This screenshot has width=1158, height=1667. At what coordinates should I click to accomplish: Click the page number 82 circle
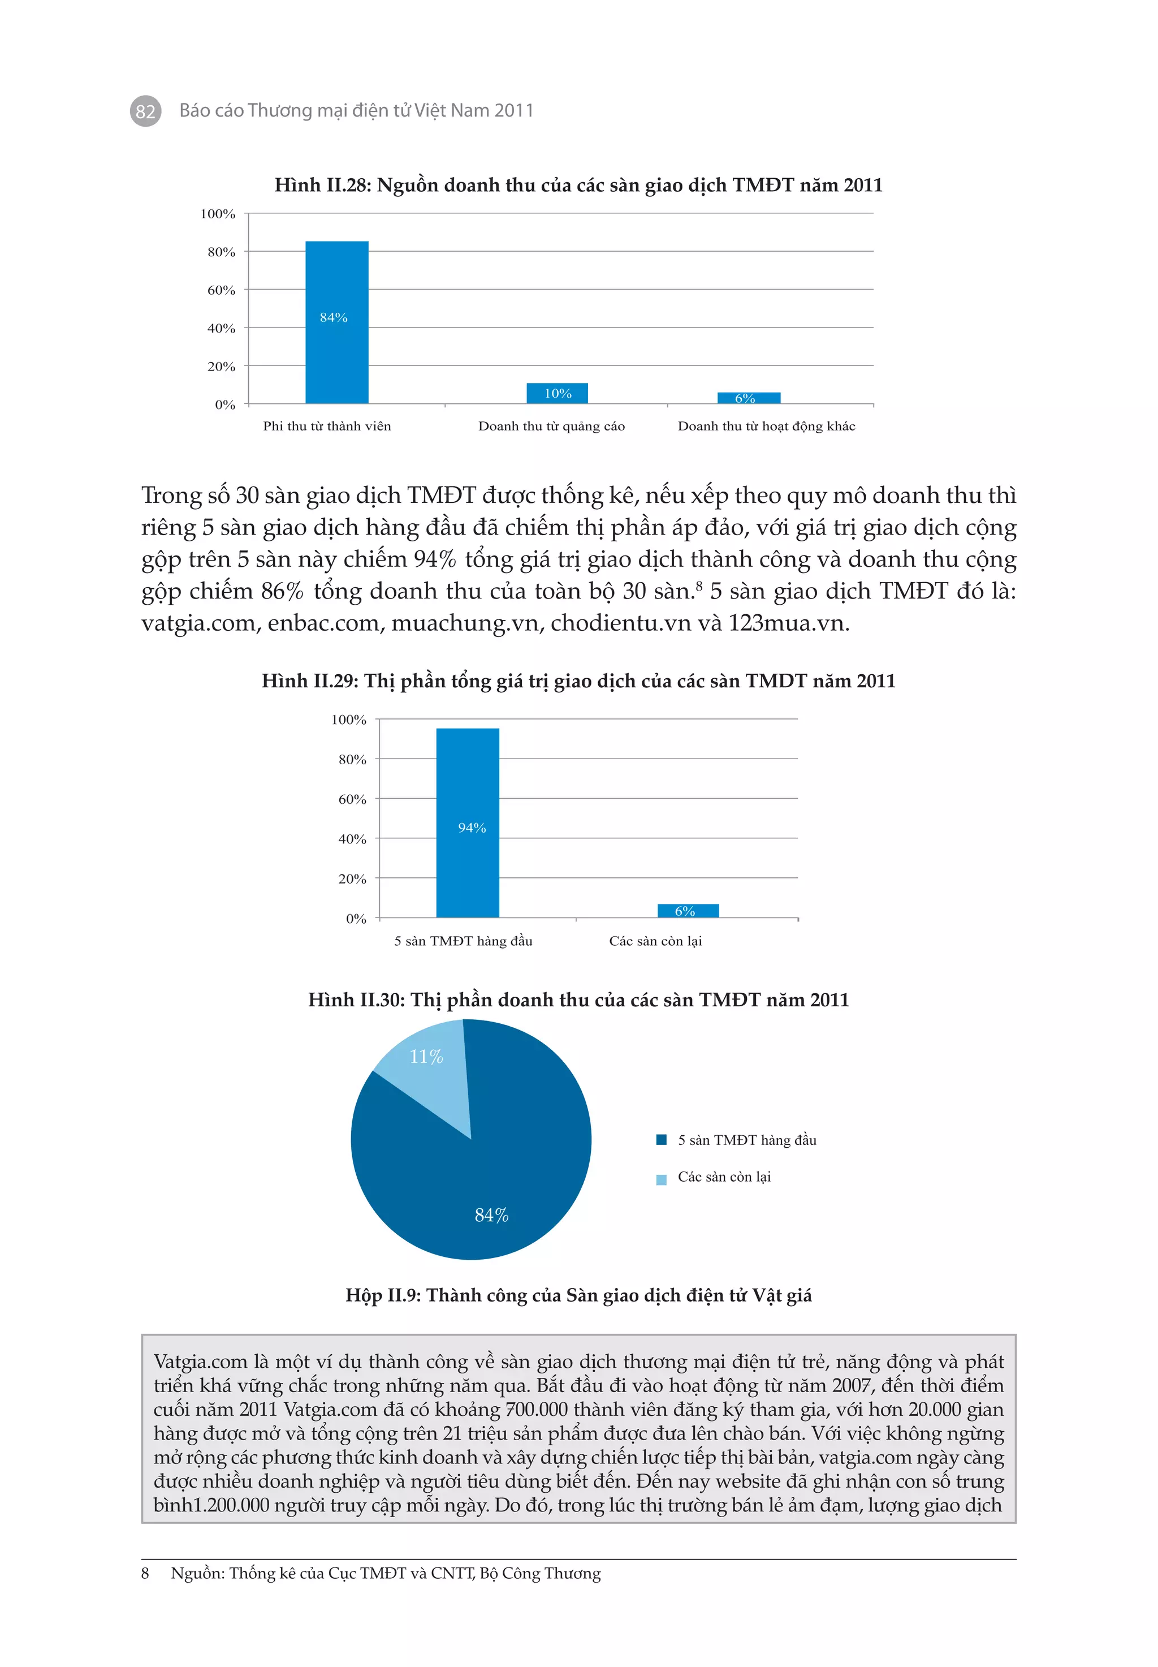(145, 111)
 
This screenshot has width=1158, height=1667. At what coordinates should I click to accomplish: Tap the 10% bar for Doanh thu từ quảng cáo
(558, 393)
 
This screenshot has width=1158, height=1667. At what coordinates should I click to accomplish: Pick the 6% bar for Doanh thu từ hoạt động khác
(748, 398)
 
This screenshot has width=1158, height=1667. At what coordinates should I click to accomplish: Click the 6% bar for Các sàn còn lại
(688, 910)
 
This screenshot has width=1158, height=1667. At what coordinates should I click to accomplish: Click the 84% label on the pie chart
(491, 1215)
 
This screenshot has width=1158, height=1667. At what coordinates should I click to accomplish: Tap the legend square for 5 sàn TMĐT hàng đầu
(661, 1139)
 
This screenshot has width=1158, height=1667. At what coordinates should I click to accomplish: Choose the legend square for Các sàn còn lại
(661, 1179)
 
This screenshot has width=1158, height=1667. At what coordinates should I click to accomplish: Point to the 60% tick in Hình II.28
(221, 290)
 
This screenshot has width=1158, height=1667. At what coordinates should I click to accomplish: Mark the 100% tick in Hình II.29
(349, 719)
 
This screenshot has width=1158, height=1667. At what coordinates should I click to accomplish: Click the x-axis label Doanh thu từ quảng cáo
(551, 426)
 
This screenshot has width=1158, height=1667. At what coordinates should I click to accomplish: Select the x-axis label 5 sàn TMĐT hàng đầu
(463, 941)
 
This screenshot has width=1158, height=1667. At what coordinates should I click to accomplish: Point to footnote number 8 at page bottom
(145, 1573)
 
